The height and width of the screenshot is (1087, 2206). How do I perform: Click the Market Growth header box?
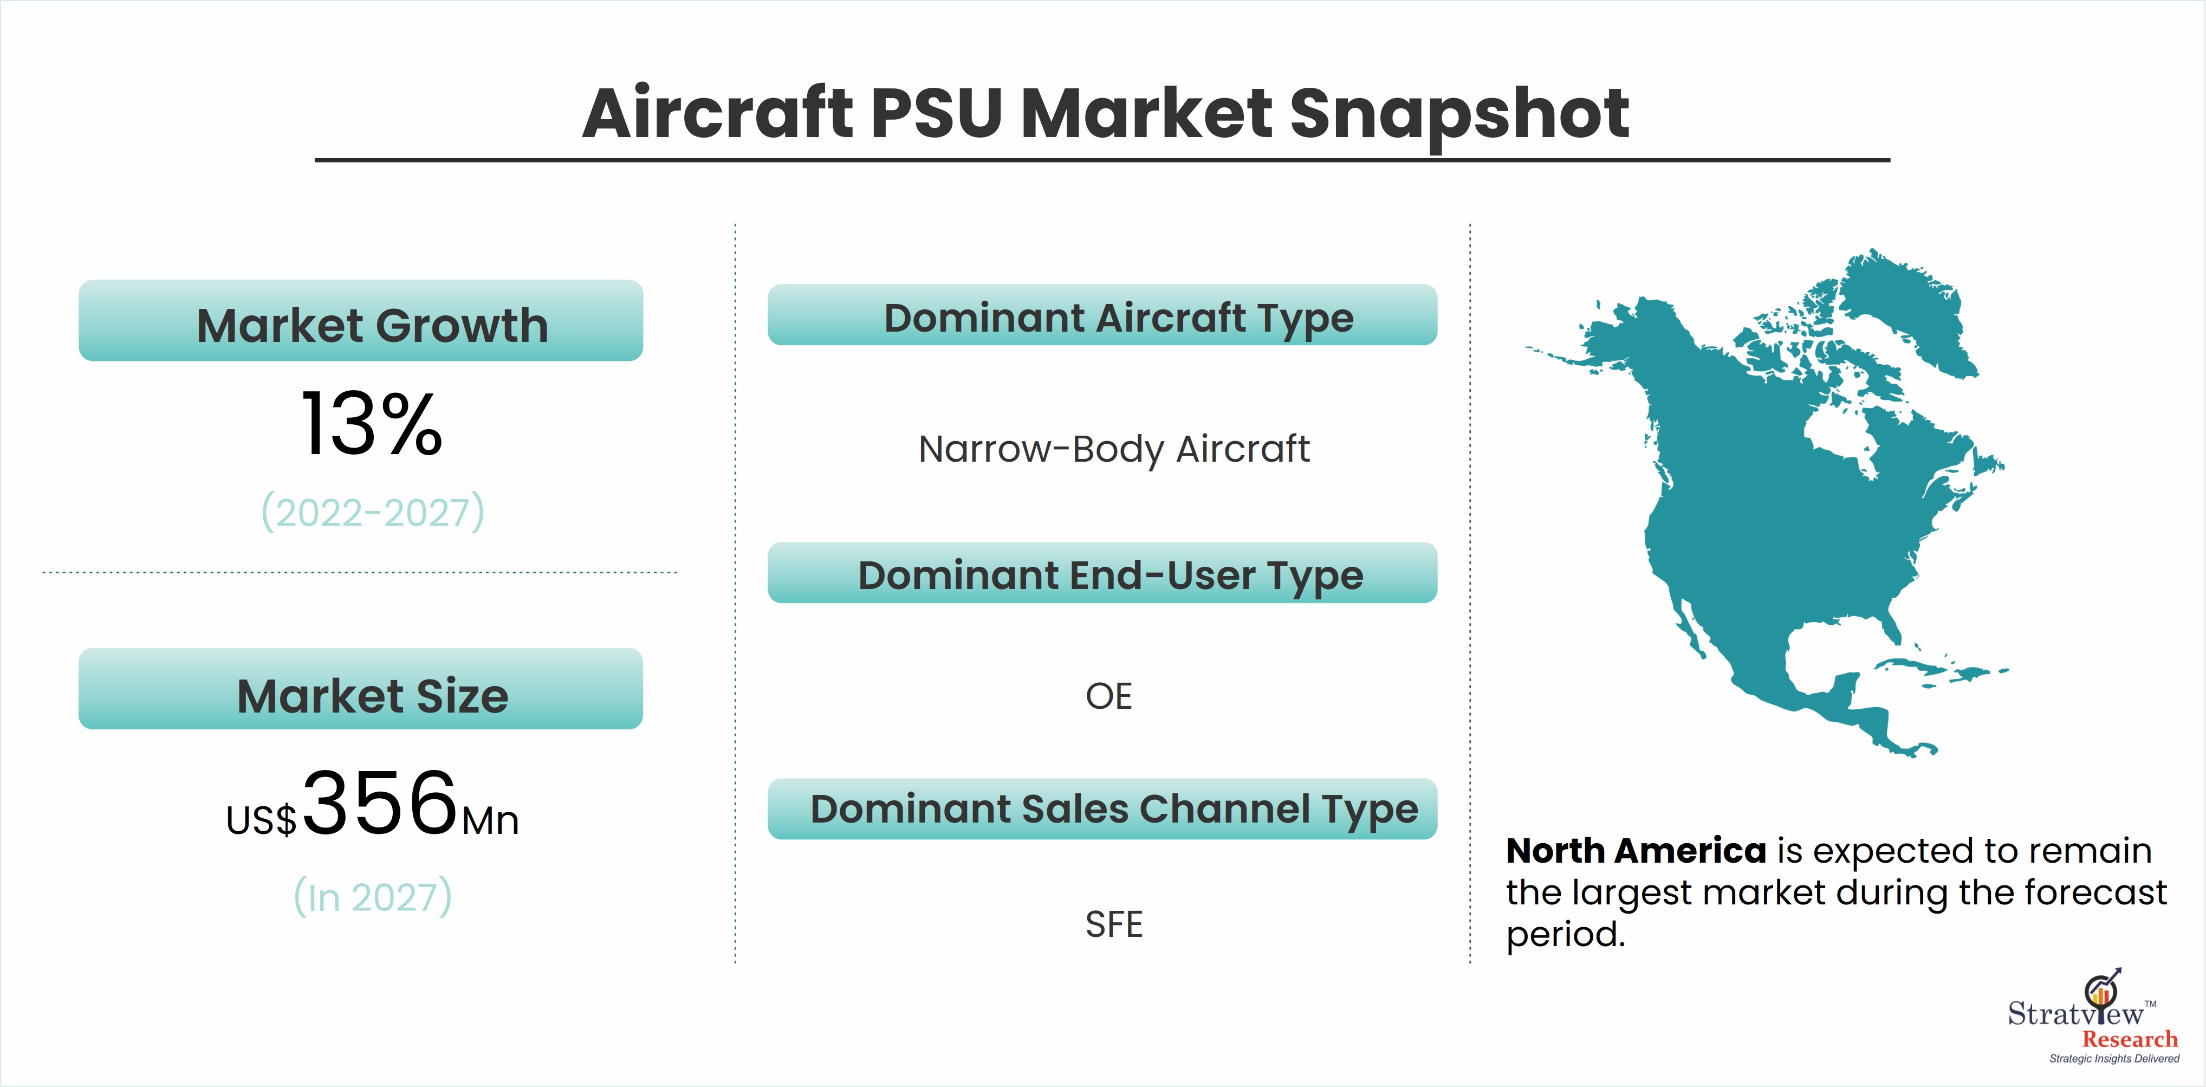coord(360,320)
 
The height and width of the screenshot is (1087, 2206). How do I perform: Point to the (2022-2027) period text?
coord(373,512)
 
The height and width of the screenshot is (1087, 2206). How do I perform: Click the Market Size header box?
coord(360,689)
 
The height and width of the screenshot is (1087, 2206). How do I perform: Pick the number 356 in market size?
coord(380,803)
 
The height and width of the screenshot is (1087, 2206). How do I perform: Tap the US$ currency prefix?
coord(261,820)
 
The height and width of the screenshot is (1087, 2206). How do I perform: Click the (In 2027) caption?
coord(373,897)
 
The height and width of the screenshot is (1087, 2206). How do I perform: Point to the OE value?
coord(1109,696)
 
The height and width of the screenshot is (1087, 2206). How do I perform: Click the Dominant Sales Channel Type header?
coord(1102,808)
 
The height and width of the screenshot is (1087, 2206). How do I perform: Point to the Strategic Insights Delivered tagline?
coord(2114,1059)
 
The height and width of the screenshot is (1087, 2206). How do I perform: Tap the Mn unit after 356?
coord(490,820)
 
